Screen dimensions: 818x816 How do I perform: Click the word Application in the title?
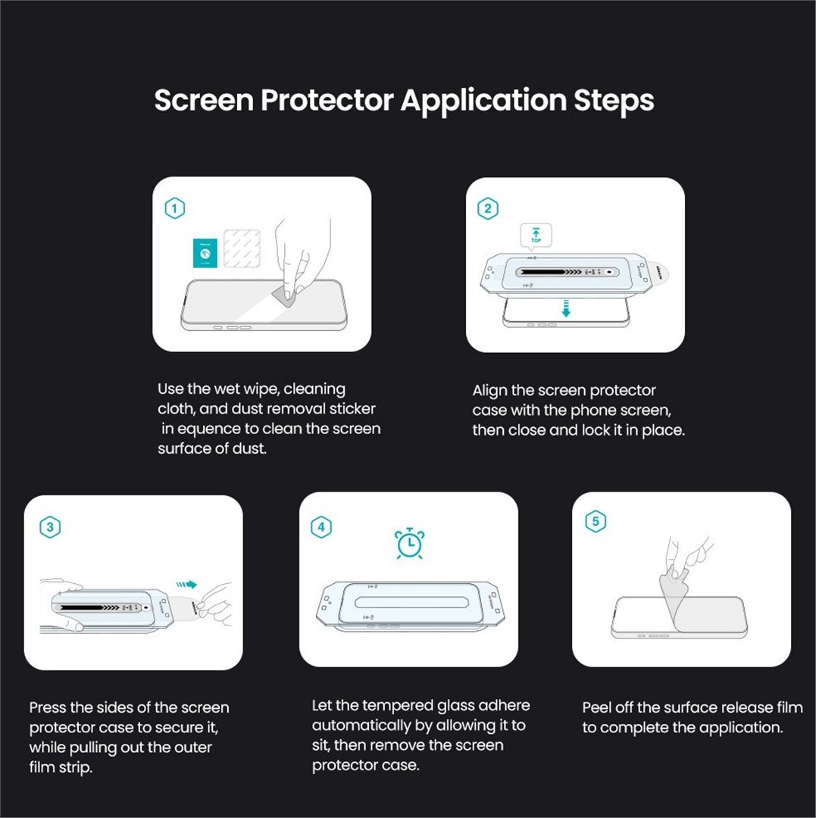pos(482,101)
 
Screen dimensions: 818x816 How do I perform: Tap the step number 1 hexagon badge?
pos(175,208)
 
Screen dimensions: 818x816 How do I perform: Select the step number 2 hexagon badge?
pos(487,208)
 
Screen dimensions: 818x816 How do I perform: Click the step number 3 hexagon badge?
pos(49,528)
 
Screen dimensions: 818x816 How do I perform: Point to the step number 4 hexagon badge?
pos(322,527)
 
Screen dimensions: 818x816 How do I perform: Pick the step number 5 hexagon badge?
pos(596,521)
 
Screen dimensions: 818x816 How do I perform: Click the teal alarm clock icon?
pos(409,544)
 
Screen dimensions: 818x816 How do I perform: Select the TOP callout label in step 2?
pos(536,236)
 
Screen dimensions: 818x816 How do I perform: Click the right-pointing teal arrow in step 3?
pos(185,585)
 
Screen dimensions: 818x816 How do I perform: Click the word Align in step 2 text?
pos(489,391)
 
